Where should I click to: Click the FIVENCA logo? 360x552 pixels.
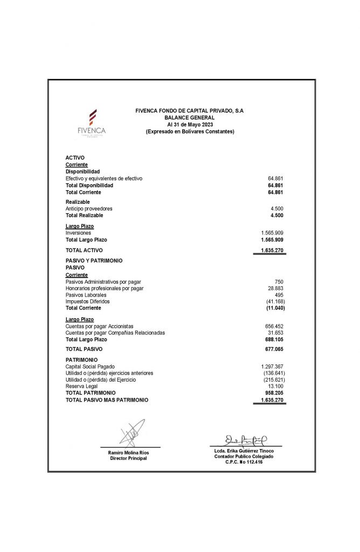(92, 123)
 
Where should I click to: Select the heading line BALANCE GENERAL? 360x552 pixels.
(189, 118)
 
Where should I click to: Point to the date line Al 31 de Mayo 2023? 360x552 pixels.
(189, 125)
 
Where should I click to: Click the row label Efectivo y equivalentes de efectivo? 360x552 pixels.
(104, 178)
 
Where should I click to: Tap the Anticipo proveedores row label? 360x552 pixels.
(89, 209)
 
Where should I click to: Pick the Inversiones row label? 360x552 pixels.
(78, 233)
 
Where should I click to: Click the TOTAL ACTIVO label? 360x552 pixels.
(84, 250)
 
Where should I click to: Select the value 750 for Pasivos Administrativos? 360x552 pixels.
(279, 282)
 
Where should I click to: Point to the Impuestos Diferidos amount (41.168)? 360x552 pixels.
(275, 301)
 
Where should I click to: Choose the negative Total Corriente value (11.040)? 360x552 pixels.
(275, 308)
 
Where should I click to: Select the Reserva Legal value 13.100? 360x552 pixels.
(275, 387)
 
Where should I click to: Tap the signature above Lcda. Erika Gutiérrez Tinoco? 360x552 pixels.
(246, 440)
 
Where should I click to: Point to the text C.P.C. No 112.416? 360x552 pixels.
(244, 463)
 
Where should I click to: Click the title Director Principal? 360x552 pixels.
(128, 458)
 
